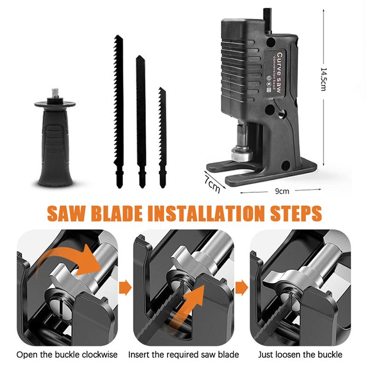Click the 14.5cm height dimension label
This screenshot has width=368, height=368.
click(x=323, y=79)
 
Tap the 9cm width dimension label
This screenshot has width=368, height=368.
click(x=282, y=191)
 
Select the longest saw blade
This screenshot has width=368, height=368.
click(x=119, y=111)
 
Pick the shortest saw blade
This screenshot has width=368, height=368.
click(x=162, y=138)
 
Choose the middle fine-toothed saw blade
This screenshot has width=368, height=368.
click(x=141, y=121)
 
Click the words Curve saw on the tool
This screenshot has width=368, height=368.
click(x=279, y=73)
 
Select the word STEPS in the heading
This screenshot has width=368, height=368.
click(x=296, y=213)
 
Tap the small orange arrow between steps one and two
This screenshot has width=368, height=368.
click(x=125, y=287)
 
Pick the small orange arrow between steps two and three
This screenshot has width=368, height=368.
click(x=241, y=287)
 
